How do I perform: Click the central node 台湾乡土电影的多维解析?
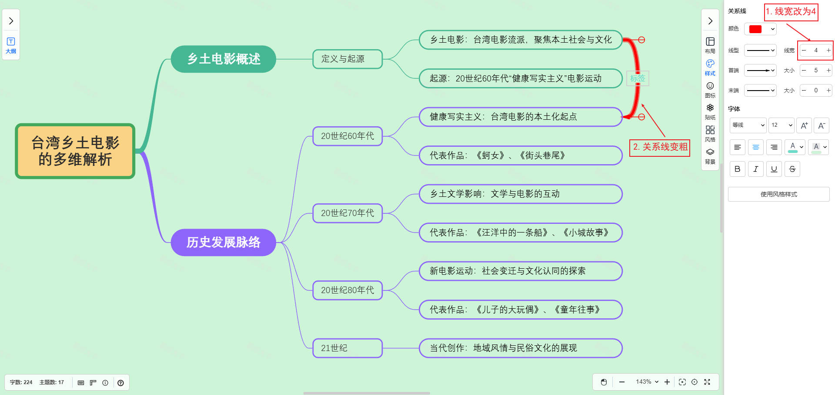click(75, 151)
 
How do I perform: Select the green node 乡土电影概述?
click(224, 59)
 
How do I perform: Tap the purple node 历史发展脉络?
click(224, 242)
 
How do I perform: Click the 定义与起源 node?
click(347, 59)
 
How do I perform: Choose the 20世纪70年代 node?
click(347, 213)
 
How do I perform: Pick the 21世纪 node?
click(347, 348)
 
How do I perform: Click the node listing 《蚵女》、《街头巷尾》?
click(520, 155)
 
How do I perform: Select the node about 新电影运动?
click(520, 271)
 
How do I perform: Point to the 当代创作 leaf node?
click(520, 348)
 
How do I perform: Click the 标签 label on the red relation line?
click(638, 78)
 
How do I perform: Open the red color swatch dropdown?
click(760, 29)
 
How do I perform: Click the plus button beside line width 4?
click(828, 51)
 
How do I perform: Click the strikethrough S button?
click(792, 169)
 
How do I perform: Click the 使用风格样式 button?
click(778, 194)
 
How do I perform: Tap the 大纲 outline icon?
click(11, 45)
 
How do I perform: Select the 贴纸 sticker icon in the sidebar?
click(710, 111)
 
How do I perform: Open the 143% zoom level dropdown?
click(647, 382)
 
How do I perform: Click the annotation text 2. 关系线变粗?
click(660, 147)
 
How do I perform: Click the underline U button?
click(774, 169)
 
